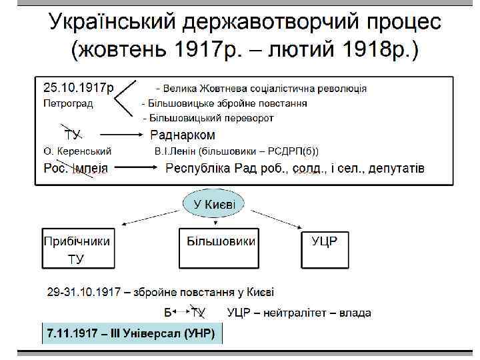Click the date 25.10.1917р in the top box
click(79, 87)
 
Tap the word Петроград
click(68, 103)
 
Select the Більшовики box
click(217, 248)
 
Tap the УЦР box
click(325, 248)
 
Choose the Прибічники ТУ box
click(77, 248)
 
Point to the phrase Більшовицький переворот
click(212, 118)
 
